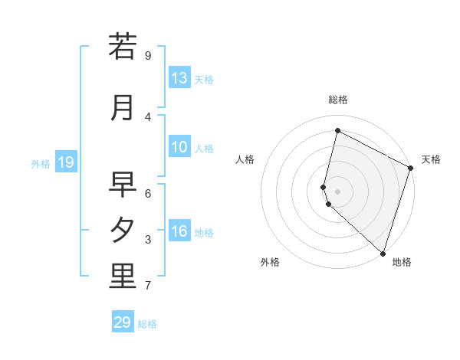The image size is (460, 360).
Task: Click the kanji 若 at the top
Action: click(x=123, y=46)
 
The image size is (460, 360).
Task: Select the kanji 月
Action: click(x=123, y=107)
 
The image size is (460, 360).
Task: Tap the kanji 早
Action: click(x=123, y=185)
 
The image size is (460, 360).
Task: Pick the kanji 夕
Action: click(x=123, y=230)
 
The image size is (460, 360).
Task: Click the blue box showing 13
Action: click(x=179, y=78)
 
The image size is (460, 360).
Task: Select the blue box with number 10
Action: click(x=179, y=147)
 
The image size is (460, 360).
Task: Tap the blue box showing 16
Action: click(x=179, y=231)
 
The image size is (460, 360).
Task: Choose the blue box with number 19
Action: click(x=66, y=162)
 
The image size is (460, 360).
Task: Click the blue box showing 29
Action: click(x=123, y=322)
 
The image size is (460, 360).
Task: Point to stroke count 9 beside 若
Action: click(x=148, y=55)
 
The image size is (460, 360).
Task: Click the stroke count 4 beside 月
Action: click(x=148, y=116)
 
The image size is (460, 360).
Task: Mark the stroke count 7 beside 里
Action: click(x=148, y=286)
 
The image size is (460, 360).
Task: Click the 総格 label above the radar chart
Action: click(x=338, y=100)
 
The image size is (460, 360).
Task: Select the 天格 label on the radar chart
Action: click(x=431, y=159)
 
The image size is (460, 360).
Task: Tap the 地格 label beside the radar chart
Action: click(x=402, y=262)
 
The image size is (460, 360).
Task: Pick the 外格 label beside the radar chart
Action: click(x=270, y=262)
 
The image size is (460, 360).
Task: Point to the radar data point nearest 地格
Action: click(x=383, y=253)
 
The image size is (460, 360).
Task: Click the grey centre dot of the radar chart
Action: click(x=338, y=191)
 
